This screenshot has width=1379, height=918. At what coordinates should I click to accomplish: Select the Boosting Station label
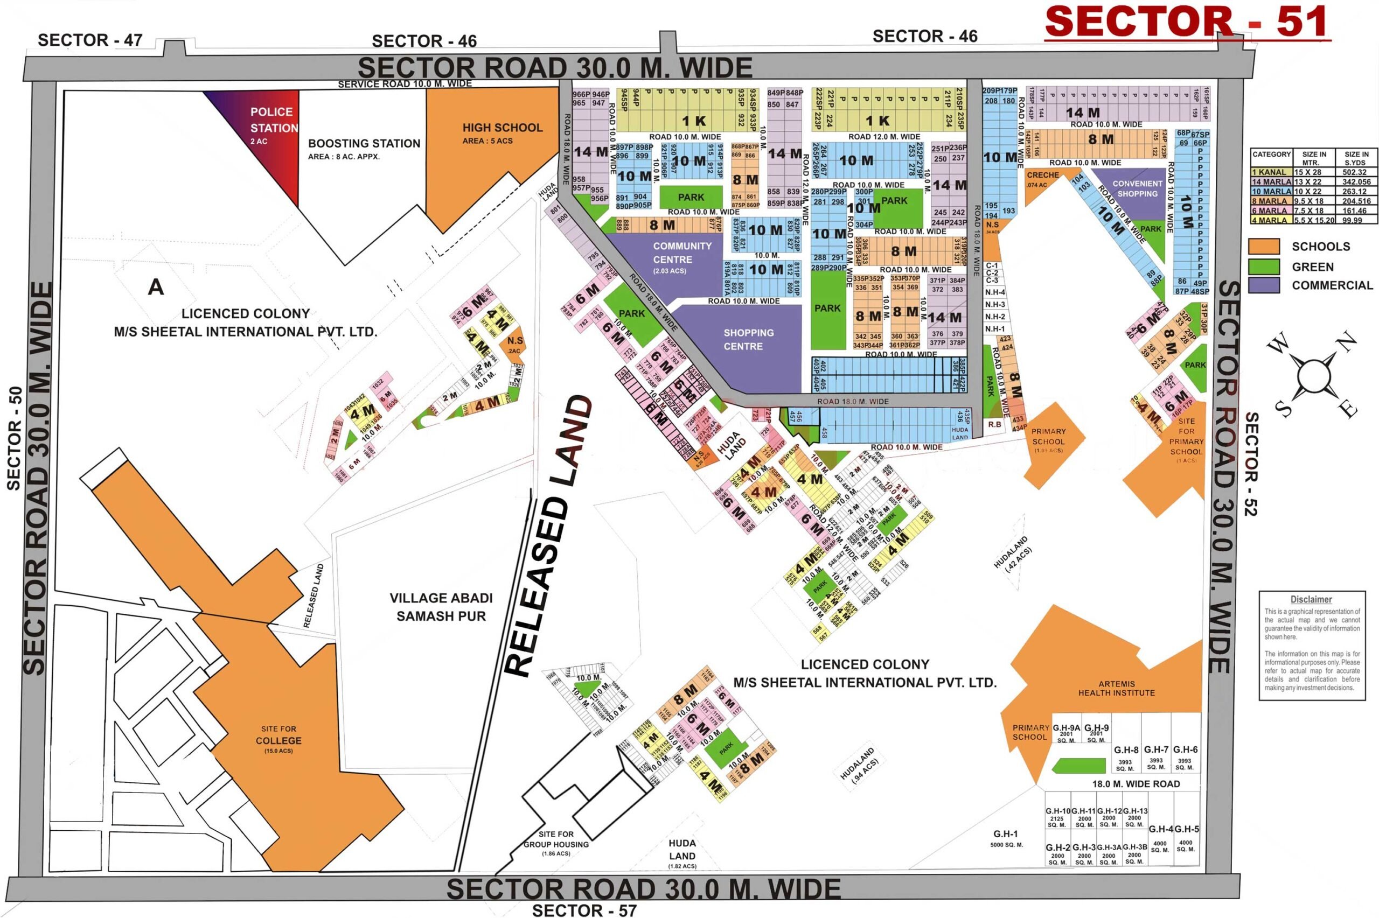coord(364,143)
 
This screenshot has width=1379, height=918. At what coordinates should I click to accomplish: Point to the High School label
coord(502,128)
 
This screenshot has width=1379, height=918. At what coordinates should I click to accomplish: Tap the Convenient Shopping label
coord(1137,188)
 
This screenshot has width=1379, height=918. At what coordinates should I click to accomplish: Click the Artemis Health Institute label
coord(1116,688)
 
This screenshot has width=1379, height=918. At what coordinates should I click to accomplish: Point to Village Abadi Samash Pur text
coord(441,607)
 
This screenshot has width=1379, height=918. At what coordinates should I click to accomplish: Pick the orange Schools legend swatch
coord(1264,247)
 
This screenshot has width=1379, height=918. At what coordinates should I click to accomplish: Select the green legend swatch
coord(1264,267)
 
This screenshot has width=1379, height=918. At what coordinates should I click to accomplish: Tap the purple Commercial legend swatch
coord(1264,285)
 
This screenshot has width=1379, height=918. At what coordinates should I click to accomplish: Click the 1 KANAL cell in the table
coord(1270,172)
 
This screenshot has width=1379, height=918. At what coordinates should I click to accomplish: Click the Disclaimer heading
coord(1311,599)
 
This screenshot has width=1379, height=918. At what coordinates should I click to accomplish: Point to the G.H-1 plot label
coord(1005,833)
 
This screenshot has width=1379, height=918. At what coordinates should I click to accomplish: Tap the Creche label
coord(1042,175)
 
